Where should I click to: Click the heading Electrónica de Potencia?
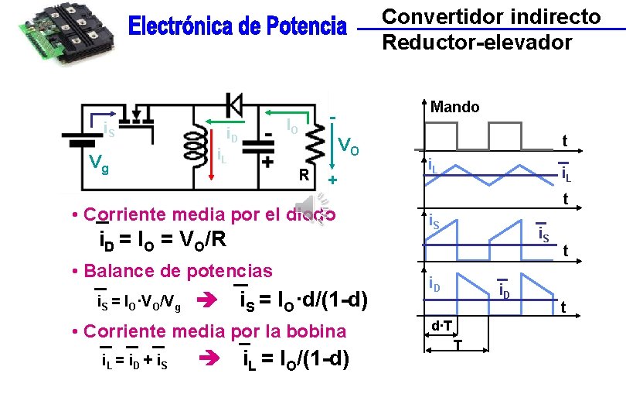tap(237, 28)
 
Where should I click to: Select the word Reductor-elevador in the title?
tap(477, 42)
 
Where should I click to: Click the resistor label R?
tap(305, 175)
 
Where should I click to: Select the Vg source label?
tap(97, 163)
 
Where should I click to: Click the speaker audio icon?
tap(318, 209)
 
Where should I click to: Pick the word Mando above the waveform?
tap(455, 107)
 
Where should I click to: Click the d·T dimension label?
tap(441, 326)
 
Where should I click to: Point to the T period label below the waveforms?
tap(458, 344)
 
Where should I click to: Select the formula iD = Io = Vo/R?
tap(158, 240)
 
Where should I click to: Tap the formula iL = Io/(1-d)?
tap(295, 360)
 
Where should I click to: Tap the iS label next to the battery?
tap(110, 131)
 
